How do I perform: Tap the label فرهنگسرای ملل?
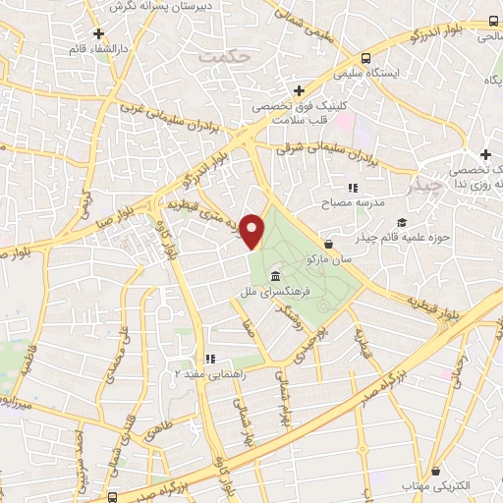(272, 292)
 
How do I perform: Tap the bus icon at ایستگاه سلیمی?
(365, 57)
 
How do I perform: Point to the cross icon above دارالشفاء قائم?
(98, 33)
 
